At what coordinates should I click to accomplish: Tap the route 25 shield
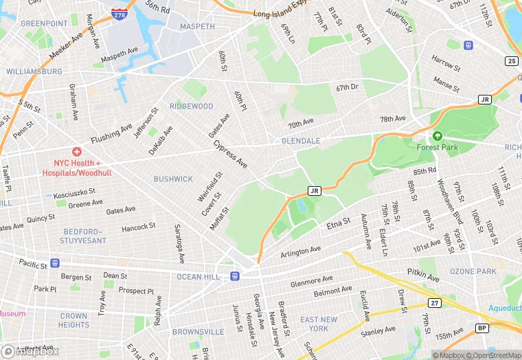point(511,61)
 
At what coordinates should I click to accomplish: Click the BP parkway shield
point(482,328)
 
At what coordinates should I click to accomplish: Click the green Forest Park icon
point(437,136)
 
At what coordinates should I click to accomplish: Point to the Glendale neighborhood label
point(301,141)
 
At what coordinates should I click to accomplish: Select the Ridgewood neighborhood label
point(192,106)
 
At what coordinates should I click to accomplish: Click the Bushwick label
point(173,179)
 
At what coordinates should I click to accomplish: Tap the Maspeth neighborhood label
point(197,27)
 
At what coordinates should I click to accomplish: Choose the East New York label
point(319,324)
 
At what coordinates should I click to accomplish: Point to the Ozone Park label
point(473,271)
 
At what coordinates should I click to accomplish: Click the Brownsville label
point(198,332)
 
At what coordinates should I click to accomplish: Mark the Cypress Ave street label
point(231,155)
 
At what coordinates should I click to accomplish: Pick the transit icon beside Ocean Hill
point(235,276)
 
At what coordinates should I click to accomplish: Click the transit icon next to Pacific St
point(55,263)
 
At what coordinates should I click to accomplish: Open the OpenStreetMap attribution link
point(493,355)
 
